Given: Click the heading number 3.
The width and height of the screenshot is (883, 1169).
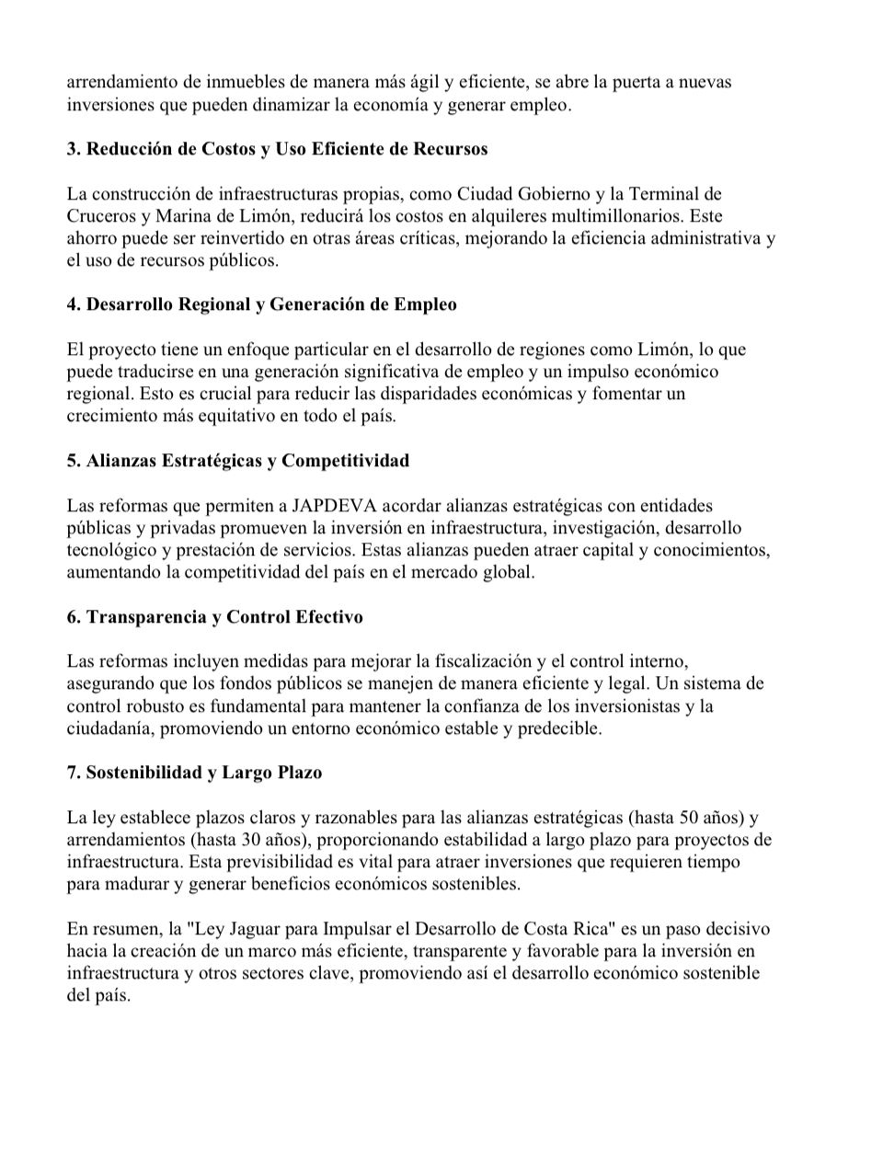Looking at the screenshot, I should [73, 149].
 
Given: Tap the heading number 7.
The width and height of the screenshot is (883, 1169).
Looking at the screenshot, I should [73, 773].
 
